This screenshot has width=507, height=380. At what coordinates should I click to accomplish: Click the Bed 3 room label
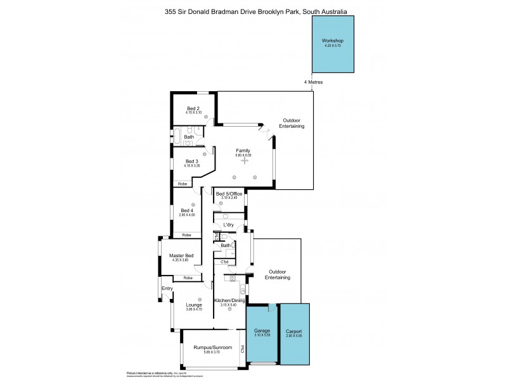coord(193,161)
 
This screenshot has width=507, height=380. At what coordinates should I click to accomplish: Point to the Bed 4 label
coord(187,210)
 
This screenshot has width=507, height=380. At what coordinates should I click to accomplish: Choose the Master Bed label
coord(181,255)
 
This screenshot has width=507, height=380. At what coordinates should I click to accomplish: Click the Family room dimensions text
coord(244,155)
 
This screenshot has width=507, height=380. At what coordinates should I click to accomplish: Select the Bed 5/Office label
coord(229,194)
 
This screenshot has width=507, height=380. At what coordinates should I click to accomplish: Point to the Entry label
coord(167,289)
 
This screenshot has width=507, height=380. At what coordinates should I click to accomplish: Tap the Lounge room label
coord(193,305)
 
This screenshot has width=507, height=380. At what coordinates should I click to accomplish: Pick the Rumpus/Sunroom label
coord(213,348)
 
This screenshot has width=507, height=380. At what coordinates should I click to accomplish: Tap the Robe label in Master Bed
coord(188,277)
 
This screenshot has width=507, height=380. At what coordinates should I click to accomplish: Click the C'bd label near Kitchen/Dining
coord(224,262)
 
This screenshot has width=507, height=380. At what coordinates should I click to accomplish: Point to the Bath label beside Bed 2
coord(189,137)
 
